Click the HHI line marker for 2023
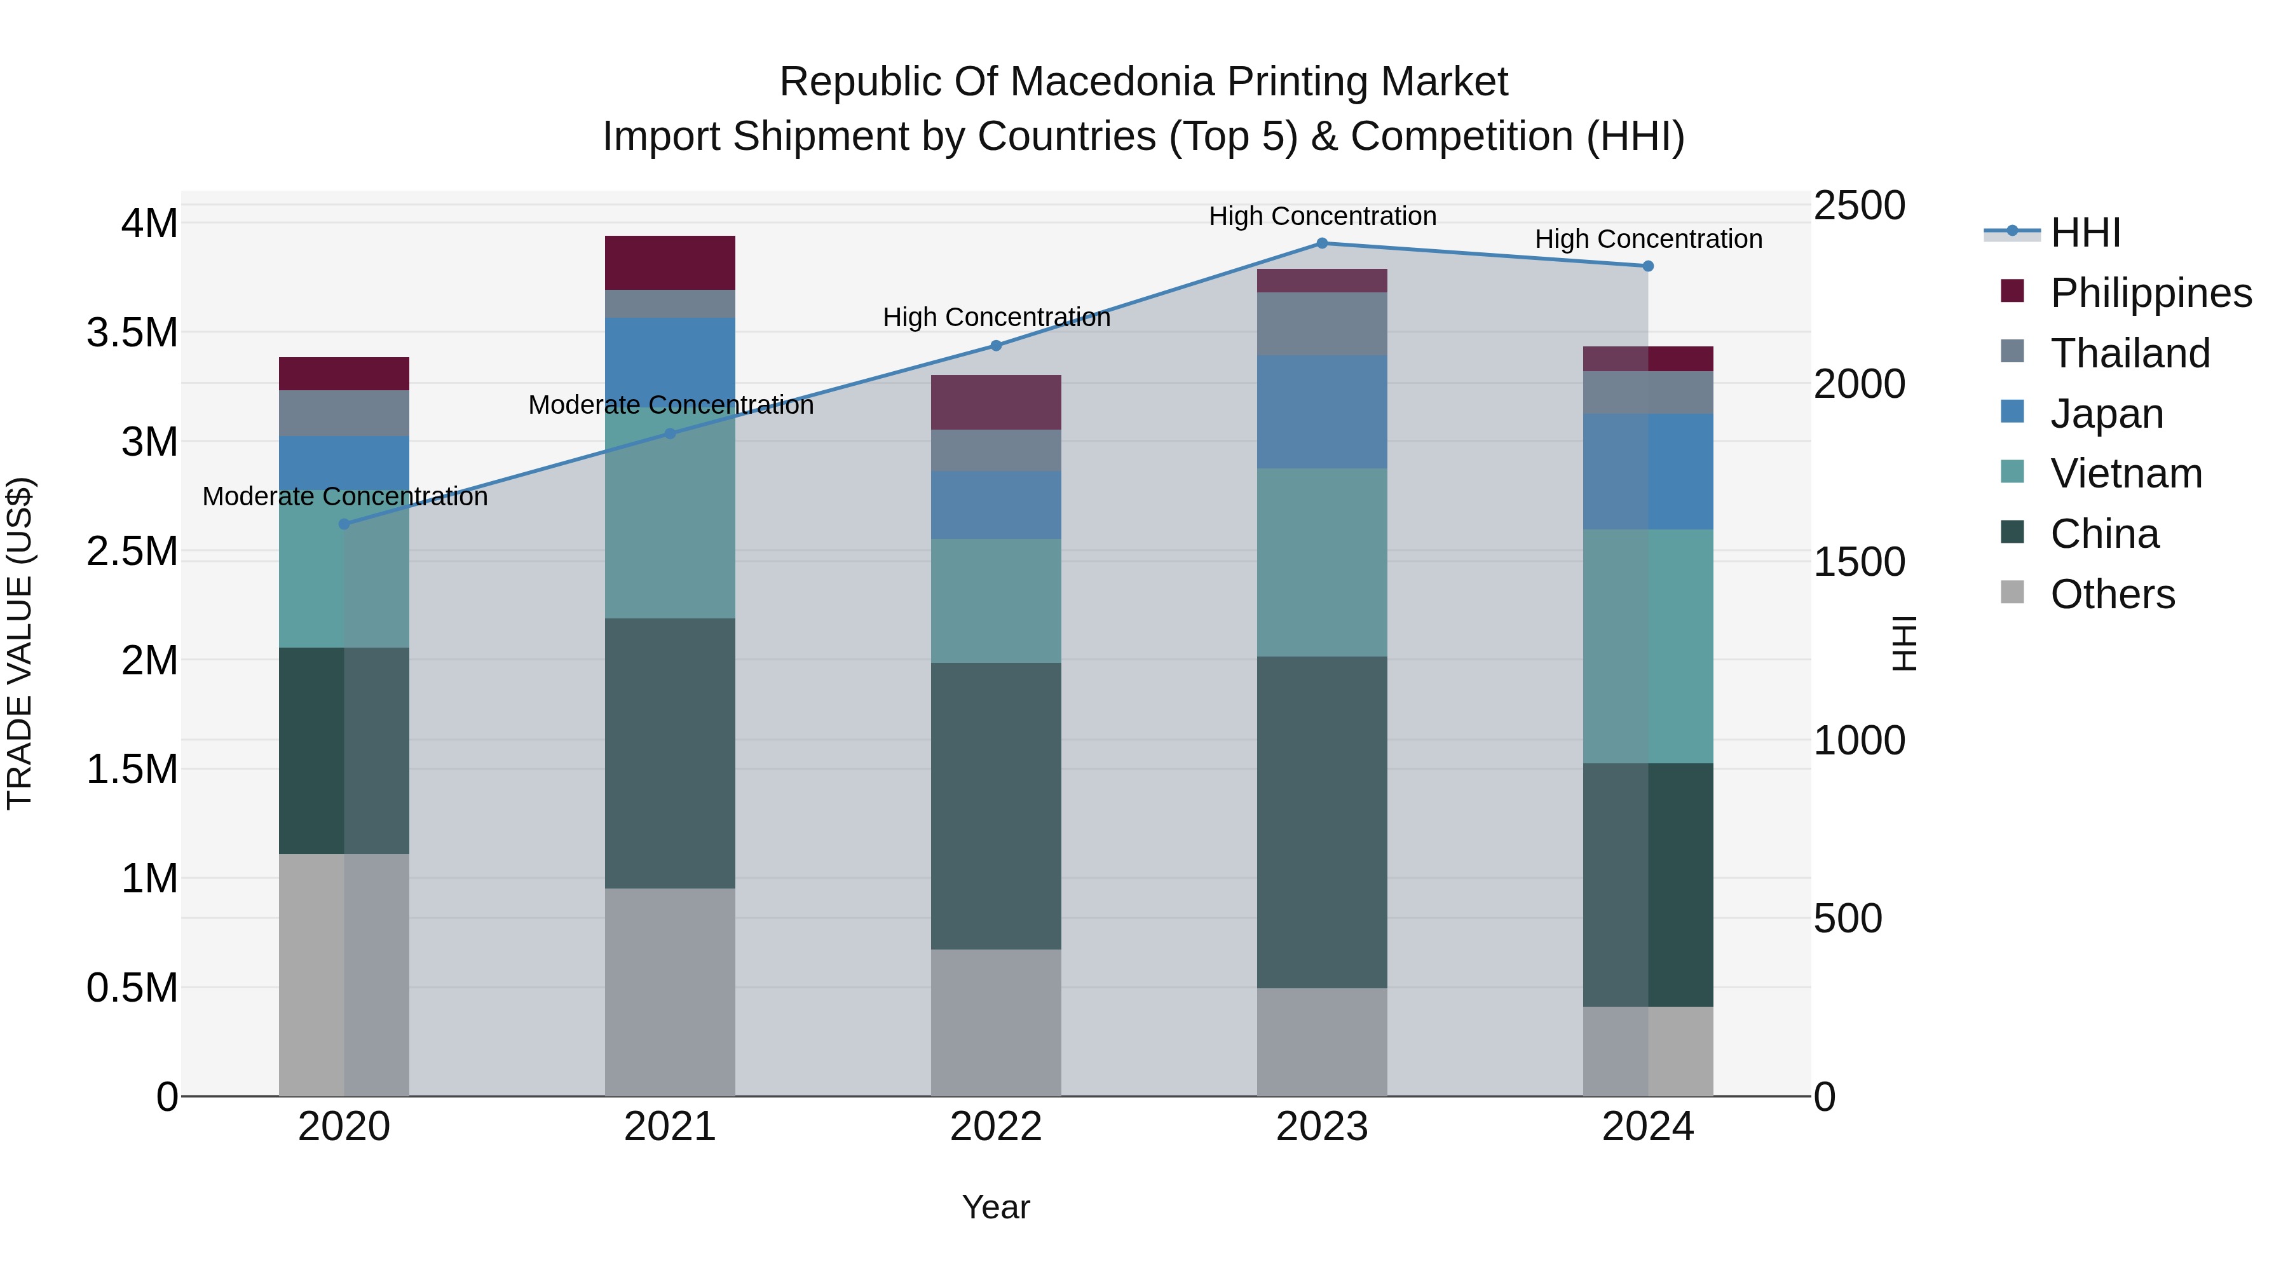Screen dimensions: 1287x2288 click(x=1322, y=243)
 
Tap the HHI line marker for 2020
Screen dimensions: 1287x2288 click(x=344, y=524)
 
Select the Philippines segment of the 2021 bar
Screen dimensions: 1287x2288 click(x=670, y=263)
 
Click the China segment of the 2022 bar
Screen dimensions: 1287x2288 click(x=996, y=806)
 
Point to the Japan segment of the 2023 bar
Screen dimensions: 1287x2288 click(x=1322, y=412)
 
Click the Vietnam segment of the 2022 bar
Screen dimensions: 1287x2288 click(x=996, y=601)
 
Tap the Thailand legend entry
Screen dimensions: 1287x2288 click(x=2129, y=353)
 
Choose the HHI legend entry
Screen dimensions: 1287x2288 click(x=2085, y=233)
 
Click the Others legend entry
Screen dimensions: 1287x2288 click(x=2112, y=594)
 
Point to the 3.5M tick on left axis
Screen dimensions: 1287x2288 click(x=132, y=333)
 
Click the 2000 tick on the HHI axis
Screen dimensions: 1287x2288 click(x=1859, y=385)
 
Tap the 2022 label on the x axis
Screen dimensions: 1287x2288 click(x=996, y=1127)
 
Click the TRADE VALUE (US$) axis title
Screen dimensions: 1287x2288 click(x=20, y=643)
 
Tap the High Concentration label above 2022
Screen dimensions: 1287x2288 click(x=996, y=317)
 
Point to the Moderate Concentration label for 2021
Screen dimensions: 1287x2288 click(x=671, y=405)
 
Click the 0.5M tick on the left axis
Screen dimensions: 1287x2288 click(x=132, y=988)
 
